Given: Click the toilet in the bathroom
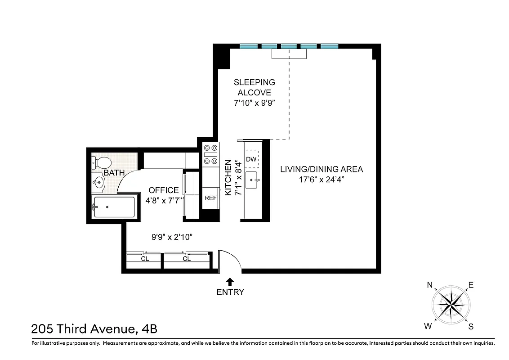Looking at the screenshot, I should [103, 162].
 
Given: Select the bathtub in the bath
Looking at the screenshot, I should [114, 207].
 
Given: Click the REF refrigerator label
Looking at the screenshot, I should [210, 198].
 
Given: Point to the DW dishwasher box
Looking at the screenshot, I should [251, 159].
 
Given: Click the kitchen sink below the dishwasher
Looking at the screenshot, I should [252, 181].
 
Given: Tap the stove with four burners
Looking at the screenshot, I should [210, 154].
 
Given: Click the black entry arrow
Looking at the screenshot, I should [230, 282].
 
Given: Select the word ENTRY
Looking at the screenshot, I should [230, 292].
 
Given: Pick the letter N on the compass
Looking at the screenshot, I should [430, 285].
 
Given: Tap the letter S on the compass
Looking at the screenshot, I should [471, 327].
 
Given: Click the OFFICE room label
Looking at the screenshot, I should [164, 190].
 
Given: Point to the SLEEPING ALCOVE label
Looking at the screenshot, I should [254, 87].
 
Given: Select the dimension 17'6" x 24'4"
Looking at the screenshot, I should [321, 179].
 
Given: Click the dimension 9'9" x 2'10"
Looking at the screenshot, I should [171, 237].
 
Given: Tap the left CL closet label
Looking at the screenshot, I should [145, 259].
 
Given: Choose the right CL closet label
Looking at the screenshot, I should [187, 259].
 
